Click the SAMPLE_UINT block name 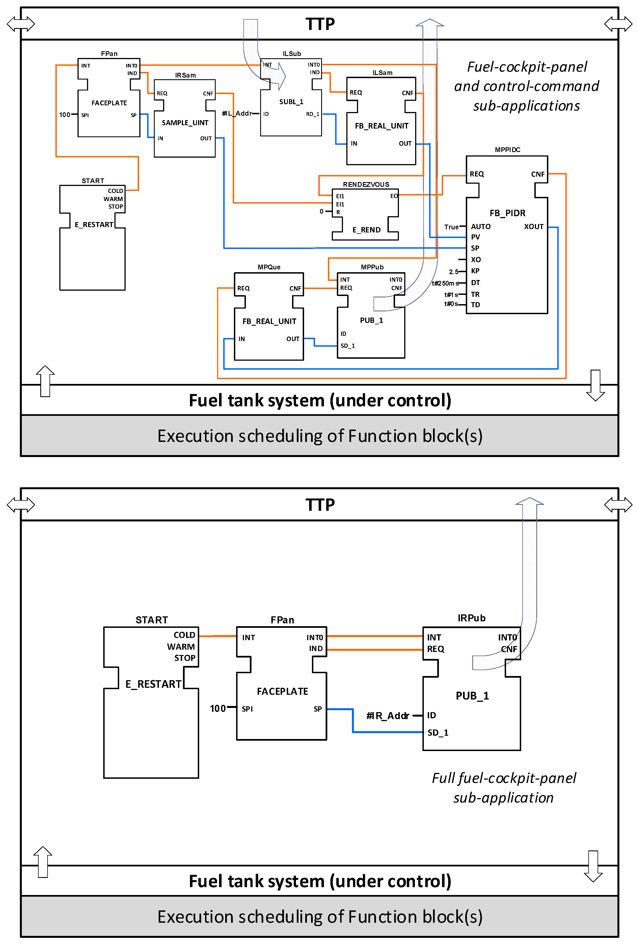pyautogui.click(x=185, y=123)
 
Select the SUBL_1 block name pyautogui.click(x=291, y=102)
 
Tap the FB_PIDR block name pyautogui.click(x=507, y=213)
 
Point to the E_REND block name pyautogui.click(x=366, y=230)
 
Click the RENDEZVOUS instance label pyautogui.click(x=366, y=185)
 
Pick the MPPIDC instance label pyautogui.click(x=507, y=150)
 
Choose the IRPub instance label pyautogui.click(x=471, y=618)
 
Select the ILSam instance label pyautogui.click(x=383, y=73)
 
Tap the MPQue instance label pyautogui.click(x=269, y=267)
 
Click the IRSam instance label pyautogui.click(x=185, y=75)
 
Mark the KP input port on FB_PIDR pyautogui.click(x=475, y=271)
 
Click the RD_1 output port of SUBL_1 pyautogui.click(x=313, y=114)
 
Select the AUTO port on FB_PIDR pyautogui.click(x=481, y=227)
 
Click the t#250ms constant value pyautogui.click(x=445, y=283)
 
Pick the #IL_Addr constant pyautogui.click(x=237, y=113)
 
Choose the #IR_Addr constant pyautogui.click(x=388, y=716)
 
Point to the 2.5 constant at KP pyautogui.click(x=453, y=272)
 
